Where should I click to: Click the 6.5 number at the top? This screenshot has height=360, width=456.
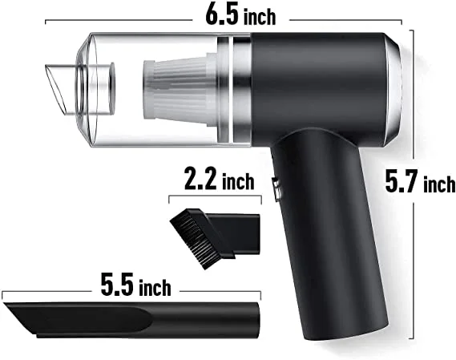click(222, 14)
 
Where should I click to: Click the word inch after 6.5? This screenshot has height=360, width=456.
click(260, 17)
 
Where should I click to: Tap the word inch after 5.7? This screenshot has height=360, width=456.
click(439, 184)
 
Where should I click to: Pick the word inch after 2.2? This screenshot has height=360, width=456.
click(238, 181)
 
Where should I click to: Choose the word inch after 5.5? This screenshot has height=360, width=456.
click(155, 287)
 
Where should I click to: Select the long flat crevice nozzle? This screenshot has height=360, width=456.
click(131, 320)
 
